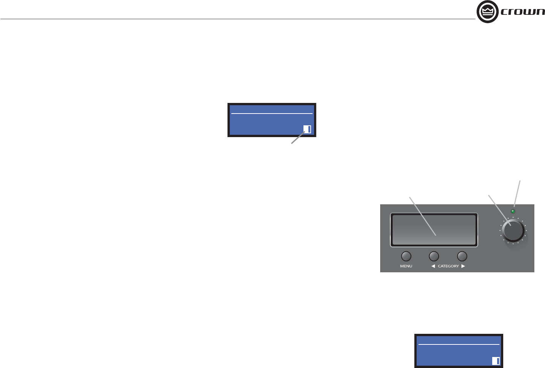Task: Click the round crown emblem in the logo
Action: click(x=487, y=12)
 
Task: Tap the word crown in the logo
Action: click(x=523, y=12)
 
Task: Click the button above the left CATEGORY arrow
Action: click(x=434, y=256)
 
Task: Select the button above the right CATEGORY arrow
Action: click(x=462, y=256)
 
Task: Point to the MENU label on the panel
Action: click(x=406, y=266)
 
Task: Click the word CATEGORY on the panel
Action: click(x=448, y=266)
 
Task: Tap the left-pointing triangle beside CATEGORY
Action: click(x=433, y=266)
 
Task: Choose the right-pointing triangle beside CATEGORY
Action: click(x=463, y=266)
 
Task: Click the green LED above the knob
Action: click(x=513, y=211)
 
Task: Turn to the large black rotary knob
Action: click(x=513, y=231)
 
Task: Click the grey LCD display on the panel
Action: click(x=434, y=230)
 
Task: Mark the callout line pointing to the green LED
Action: click(x=517, y=194)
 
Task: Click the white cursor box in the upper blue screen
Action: click(x=307, y=129)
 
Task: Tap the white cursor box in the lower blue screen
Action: click(x=496, y=361)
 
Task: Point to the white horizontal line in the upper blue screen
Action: click(x=272, y=113)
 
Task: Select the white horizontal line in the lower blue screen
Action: click(x=459, y=344)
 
